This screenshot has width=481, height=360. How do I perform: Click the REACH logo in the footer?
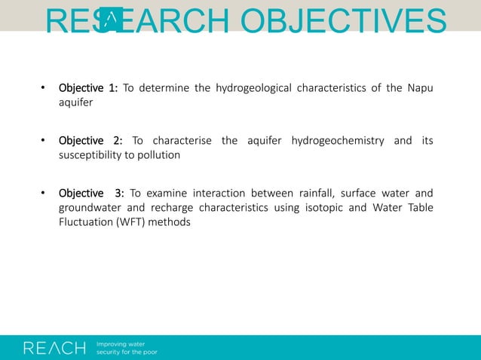(x=55, y=347)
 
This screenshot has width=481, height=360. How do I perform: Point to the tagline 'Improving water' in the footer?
(x=121, y=343)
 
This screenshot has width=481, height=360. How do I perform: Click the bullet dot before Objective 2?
(x=44, y=141)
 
